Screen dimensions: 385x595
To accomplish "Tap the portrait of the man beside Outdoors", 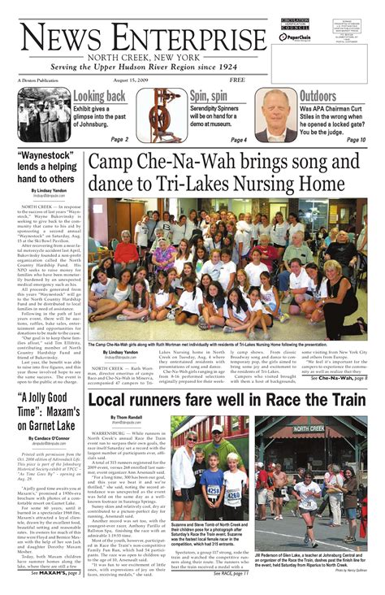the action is [x=276, y=115].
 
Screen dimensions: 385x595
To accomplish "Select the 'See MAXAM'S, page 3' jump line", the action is [x=55, y=573].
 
